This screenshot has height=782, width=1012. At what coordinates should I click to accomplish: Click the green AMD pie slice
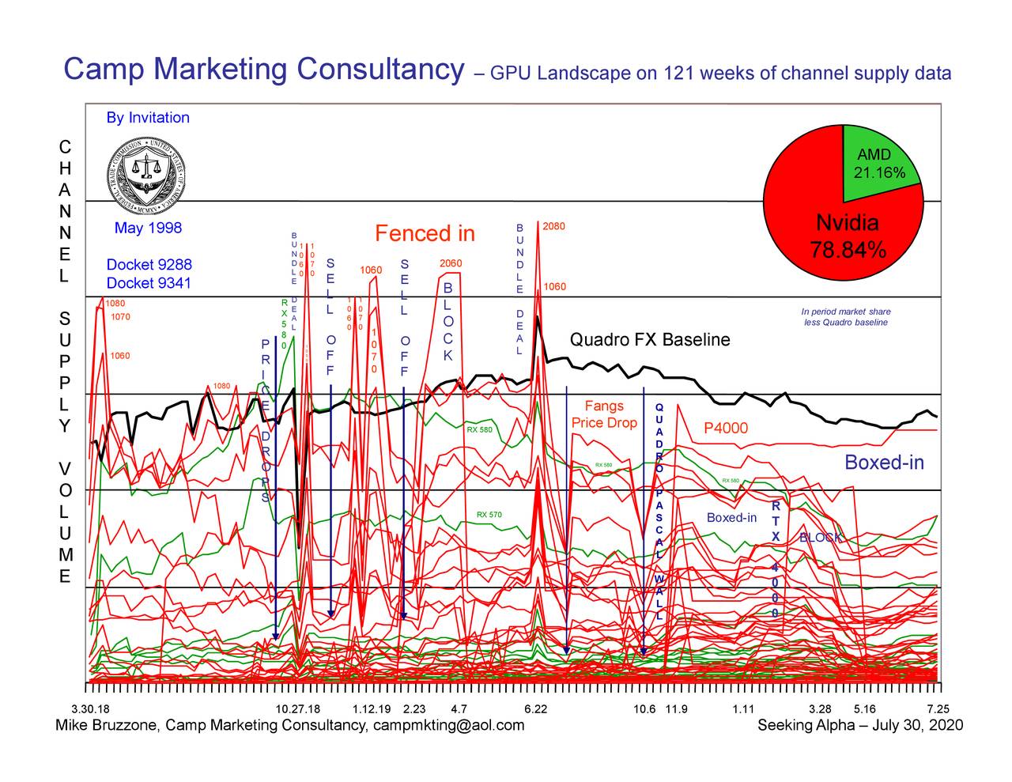tap(878, 158)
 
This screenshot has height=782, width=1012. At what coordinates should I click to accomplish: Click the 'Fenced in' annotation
tap(425, 234)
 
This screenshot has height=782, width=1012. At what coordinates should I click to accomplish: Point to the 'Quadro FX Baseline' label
tap(650, 340)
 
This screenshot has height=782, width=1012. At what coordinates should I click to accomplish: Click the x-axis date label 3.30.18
tap(89, 708)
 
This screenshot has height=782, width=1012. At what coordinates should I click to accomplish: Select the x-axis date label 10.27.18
tap(297, 708)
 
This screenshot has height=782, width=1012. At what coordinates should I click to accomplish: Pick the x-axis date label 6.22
tap(535, 708)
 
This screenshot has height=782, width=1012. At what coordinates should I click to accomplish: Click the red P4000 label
tap(725, 429)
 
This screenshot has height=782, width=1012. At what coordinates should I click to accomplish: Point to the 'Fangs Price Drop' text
tap(604, 414)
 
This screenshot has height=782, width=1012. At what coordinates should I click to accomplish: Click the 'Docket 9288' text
tap(149, 265)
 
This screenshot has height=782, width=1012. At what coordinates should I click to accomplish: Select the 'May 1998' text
tap(148, 229)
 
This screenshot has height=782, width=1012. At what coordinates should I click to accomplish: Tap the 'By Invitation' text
tap(148, 118)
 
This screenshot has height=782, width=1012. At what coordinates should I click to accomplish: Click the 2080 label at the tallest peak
tap(554, 226)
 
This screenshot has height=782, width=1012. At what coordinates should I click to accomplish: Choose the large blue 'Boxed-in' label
tap(884, 463)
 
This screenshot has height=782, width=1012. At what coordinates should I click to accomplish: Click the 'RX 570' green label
tap(489, 515)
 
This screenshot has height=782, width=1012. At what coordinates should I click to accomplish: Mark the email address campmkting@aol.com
tap(447, 726)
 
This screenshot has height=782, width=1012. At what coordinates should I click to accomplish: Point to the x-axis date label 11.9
tap(676, 708)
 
